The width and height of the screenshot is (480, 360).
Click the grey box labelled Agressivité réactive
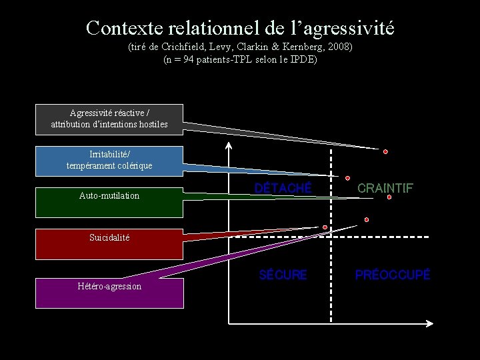click(x=109, y=118)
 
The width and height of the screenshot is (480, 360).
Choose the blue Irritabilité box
click(x=109, y=160)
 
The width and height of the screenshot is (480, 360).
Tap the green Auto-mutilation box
click(x=109, y=202)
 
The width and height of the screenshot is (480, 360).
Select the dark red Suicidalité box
click(x=109, y=244)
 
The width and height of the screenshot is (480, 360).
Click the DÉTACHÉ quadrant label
click(x=283, y=189)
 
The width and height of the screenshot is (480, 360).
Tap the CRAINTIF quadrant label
click(x=385, y=189)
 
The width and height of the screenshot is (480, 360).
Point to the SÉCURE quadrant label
click(x=283, y=275)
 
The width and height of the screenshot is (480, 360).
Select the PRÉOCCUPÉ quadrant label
click(x=393, y=275)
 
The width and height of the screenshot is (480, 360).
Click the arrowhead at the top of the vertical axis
click(x=229, y=145)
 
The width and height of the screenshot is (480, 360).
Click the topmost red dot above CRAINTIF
click(x=385, y=151)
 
